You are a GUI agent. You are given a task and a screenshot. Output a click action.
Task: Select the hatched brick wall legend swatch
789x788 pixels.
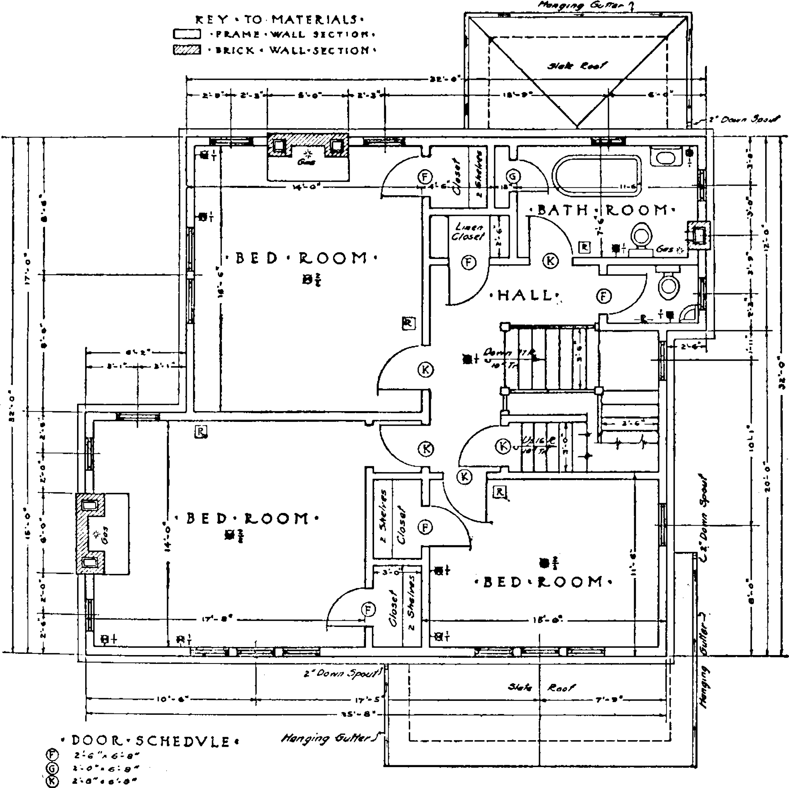click(186, 50)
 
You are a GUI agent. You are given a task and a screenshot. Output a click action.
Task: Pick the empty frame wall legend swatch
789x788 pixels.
click(186, 34)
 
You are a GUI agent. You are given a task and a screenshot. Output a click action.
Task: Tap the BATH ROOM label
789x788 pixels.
click(603, 210)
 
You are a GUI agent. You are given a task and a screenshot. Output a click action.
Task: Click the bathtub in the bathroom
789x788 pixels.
click(597, 175)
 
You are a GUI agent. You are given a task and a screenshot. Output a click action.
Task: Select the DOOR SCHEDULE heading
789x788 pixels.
click(150, 741)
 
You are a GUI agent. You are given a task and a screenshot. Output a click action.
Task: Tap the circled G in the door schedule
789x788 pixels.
click(53, 768)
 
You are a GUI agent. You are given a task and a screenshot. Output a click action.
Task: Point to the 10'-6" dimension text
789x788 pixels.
click(171, 700)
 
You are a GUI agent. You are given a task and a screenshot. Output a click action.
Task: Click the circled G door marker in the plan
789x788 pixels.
click(513, 177)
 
